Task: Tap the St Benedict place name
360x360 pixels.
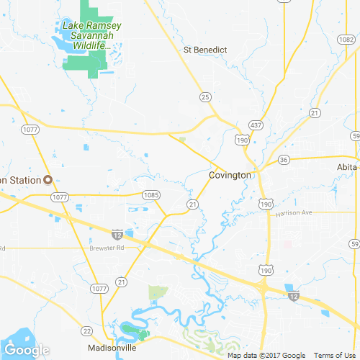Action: click(x=205, y=50)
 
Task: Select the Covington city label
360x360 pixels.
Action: click(x=230, y=175)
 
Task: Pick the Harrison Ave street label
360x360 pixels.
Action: click(x=295, y=213)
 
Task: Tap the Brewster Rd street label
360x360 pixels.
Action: click(x=107, y=247)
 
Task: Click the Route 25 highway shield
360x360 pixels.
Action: click(x=205, y=96)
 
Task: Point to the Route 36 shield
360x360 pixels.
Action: click(x=284, y=159)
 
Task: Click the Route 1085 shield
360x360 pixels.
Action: click(x=150, y=194)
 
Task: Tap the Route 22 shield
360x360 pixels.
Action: click(x=86, y=330)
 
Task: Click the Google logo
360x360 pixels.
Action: click(x=25, y=350)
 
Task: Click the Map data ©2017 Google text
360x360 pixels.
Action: click(x=266, y=355)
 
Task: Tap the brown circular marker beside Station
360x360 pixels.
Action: click(x=48, y=179)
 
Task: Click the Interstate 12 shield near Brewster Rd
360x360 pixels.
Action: click(x=117, y=234)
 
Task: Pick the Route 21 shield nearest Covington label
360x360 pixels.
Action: click(x=192, y=204)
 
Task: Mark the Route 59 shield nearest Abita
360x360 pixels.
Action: click(x=355, y=135)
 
